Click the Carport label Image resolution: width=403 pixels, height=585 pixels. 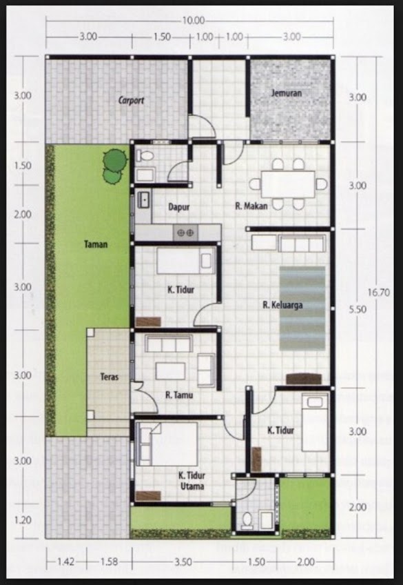pyautogui.click(x=131, y=100)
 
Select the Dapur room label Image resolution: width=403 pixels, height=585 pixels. pyautogui.click(x=178, y=206)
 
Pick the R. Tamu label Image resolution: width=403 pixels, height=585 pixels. pyautogui.click(x=178, y=395)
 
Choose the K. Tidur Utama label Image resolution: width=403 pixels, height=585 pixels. pyautogui.click(x=196, y=480)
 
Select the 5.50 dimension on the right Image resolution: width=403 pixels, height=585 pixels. pyautogui.click(x=357, y=310)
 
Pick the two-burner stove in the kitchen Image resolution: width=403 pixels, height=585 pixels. pyautogui.click(x=186, y=233)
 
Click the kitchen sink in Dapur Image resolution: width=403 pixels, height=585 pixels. pyautogui.click(x=144, y=200)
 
